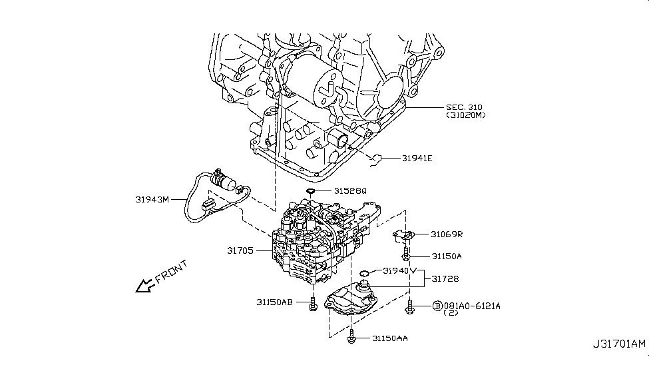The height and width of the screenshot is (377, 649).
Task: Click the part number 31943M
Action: tap(151, 198)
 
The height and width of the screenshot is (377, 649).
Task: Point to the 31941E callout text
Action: tap(417, 159)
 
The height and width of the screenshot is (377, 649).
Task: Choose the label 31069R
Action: tap(447, 234)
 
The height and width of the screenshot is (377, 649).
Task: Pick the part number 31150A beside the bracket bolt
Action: tap(446, 255)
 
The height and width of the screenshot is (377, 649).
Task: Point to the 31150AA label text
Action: tap(389, 338)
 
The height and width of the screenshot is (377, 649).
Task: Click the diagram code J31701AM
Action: tap(618, 344)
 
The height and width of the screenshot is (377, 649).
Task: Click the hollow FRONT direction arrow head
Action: tap(142, 287)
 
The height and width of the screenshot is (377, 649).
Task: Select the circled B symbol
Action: tap(437, 305)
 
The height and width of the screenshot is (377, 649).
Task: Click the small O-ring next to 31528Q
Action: tap(310, 192)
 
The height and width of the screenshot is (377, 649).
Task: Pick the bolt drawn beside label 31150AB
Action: tap(312, 304)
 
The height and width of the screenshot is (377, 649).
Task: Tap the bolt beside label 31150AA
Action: tap(353, 338)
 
